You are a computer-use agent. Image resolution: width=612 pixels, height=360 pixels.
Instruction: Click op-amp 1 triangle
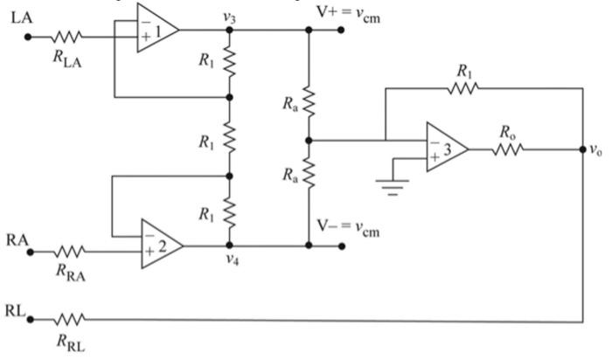[155, 29]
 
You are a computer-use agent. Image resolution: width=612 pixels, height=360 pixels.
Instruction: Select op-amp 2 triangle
[159, 244]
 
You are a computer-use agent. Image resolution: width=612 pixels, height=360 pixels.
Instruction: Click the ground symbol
[391, 186]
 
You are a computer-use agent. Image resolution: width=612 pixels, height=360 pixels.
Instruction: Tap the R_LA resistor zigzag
[66, 37]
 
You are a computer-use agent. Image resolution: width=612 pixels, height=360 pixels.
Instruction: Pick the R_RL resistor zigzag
[69, 320]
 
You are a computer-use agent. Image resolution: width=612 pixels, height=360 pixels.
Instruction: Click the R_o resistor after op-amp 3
[510, 149]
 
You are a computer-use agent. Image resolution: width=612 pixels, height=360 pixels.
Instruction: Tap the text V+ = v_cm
[380, 12]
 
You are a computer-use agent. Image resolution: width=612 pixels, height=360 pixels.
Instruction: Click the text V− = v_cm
[380, 230]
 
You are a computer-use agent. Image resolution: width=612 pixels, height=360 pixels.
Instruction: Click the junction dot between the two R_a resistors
[308, 139]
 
